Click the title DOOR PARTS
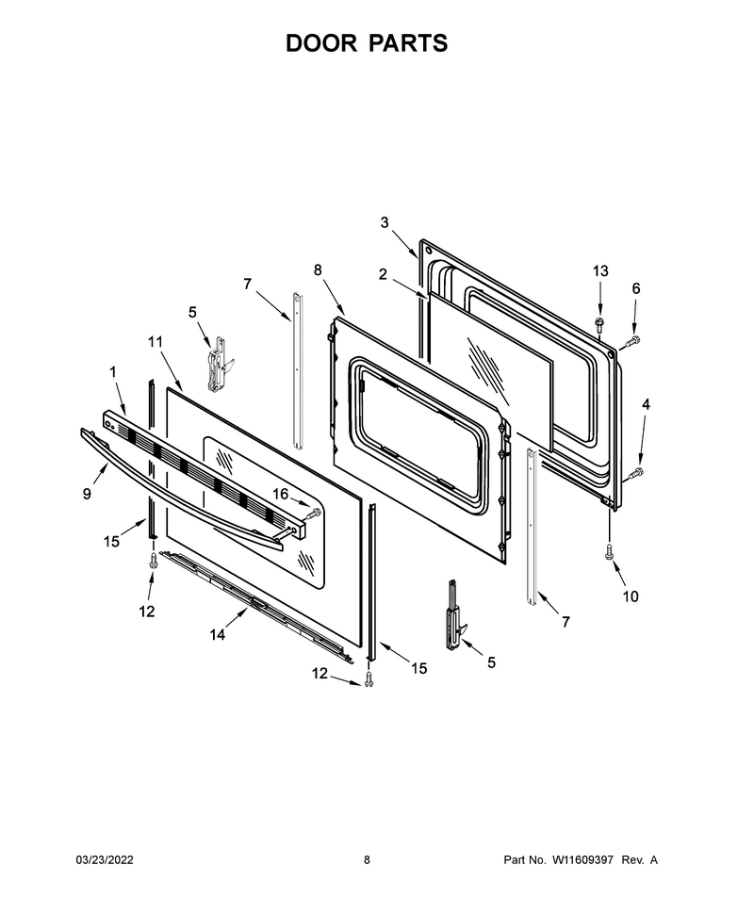pos(367,43)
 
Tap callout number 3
pos(385,222)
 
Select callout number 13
pos(600,270)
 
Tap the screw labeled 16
pos(313,514)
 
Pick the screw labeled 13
pos(598,324)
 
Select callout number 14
pos(217,634)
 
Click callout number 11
pos(156,342)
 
